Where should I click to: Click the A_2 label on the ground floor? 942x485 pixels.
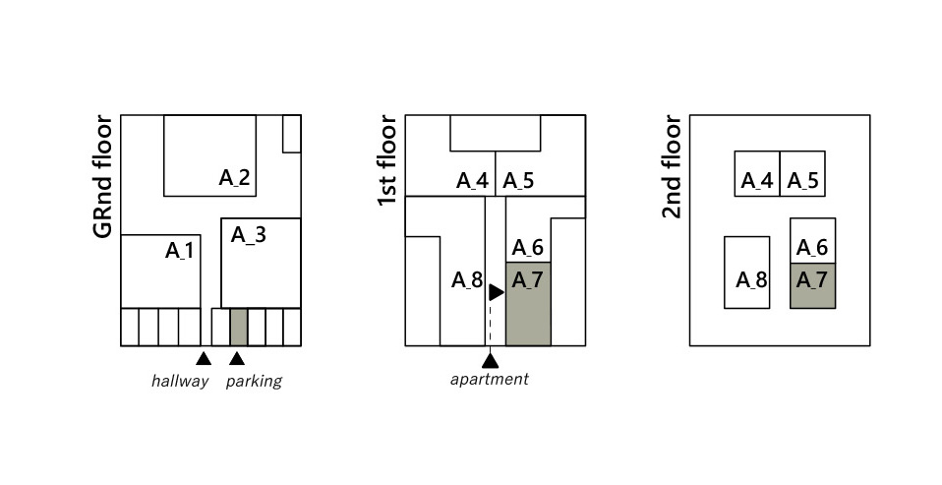pos(234,178)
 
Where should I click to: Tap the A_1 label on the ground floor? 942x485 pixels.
pos(180,250)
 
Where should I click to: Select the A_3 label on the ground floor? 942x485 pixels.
pos(249,235)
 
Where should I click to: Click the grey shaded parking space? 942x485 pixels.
pos(239,327)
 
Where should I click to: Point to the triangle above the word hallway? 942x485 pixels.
pos(204,359)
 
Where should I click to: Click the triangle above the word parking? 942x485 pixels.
pos(237,359)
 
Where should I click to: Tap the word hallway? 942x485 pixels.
pos(180,381)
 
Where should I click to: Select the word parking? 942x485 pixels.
pos(254,382)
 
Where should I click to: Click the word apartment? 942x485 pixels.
pos(490,379)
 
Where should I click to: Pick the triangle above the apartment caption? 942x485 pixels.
pos(491,361)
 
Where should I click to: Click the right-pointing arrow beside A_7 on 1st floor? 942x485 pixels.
pos(497,293)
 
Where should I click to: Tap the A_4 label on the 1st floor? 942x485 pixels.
pos(473,181)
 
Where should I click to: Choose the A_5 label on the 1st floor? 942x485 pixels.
pos(518,181)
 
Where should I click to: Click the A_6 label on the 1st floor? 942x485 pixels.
pos(528,248)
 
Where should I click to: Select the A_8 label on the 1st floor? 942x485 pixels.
pos(467,280)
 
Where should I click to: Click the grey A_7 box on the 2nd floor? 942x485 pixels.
pos(813,285)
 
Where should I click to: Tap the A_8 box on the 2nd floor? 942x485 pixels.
pos(746,273)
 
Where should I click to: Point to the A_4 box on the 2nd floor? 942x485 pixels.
pos(757,174)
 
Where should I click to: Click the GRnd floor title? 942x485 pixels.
pos(103,177)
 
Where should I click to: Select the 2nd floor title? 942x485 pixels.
pos(673,167)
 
